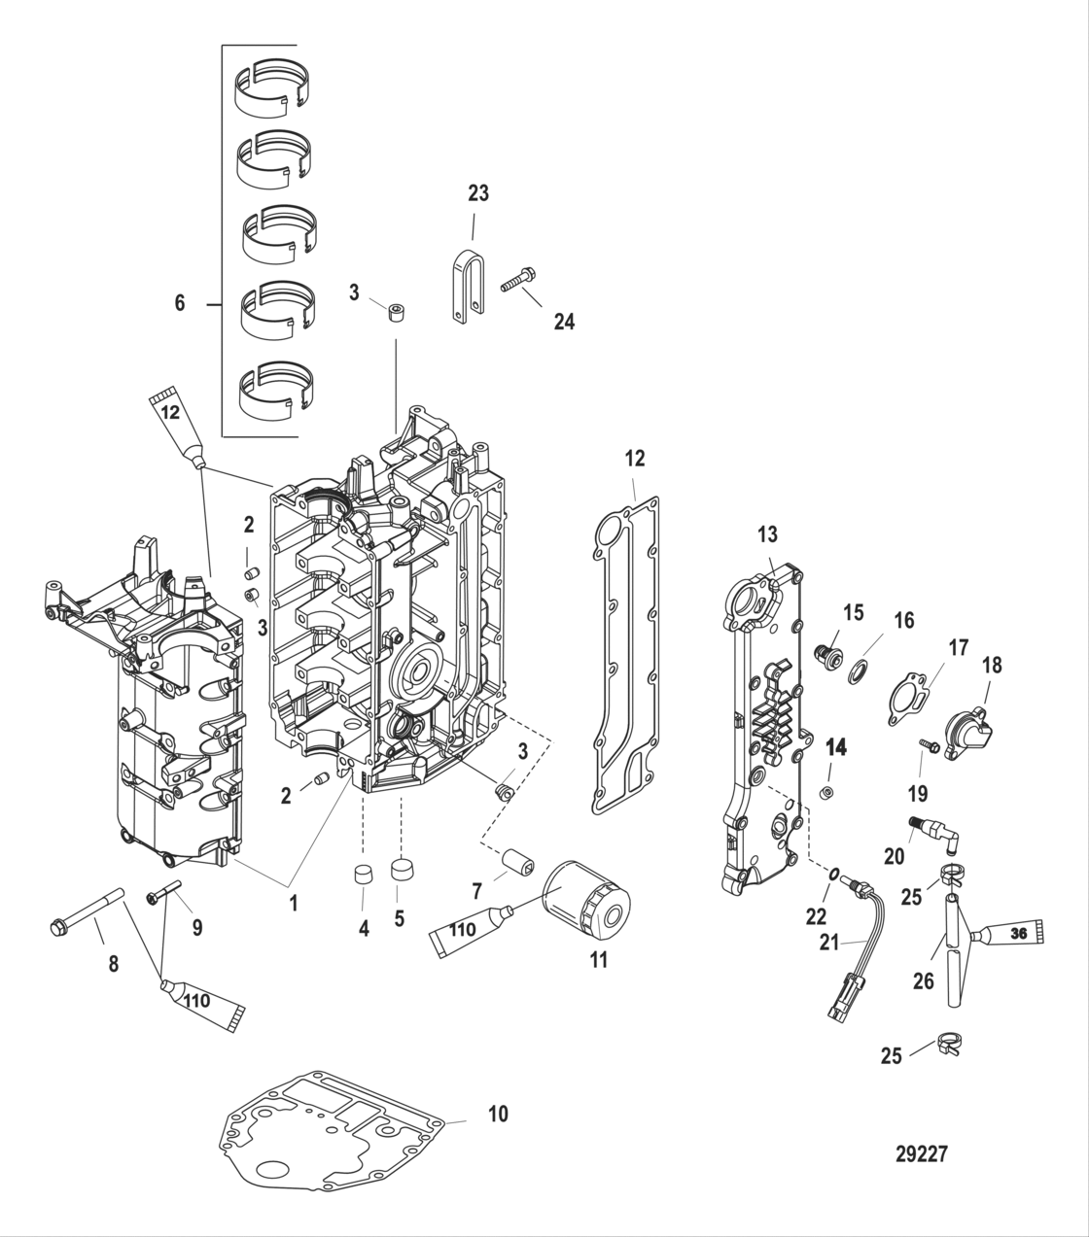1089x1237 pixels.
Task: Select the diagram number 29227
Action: (921, 1153)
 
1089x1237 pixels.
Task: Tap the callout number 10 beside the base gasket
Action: (497, 1114)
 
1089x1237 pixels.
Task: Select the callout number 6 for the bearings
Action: (179, 304)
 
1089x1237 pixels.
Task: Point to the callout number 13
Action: (768, 533)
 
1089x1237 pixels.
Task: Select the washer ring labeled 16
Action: (860, 670)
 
